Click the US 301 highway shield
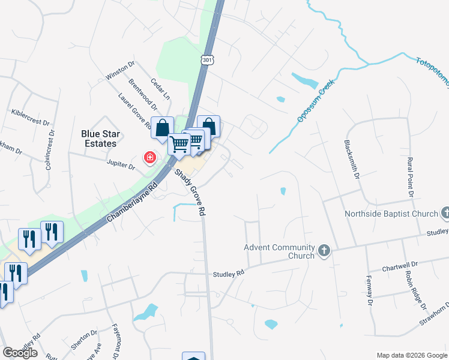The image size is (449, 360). tap(207, 61)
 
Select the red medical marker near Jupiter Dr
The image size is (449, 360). tap(149, 158)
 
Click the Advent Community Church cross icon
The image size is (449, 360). tap(324, 251)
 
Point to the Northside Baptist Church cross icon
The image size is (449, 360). tap(445, 213)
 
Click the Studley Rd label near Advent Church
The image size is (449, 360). tap(229, 274)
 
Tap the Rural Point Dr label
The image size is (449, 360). tap(411, 176)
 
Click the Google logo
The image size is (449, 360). tap(20, 353)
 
